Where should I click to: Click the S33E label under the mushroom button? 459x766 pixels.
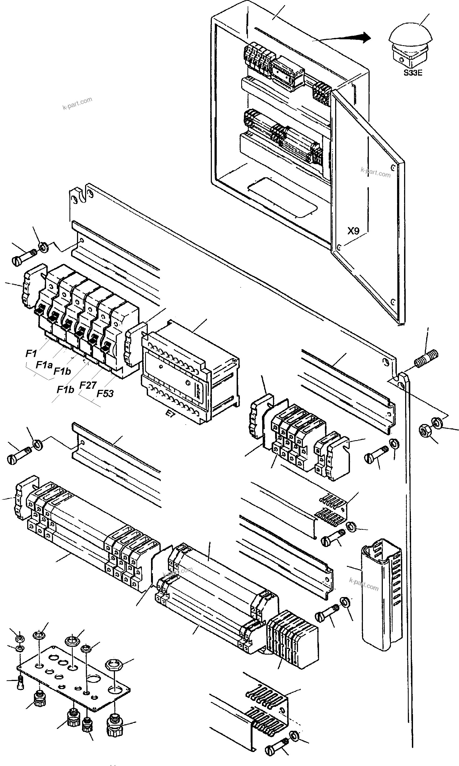[413, 73]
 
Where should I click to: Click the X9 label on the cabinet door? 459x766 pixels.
[353, 231]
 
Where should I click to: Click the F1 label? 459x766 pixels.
[31, 353]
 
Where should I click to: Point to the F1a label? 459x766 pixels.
[44, 365]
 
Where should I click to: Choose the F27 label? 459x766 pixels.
[88, 385]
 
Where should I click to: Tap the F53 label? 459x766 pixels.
[105, 394]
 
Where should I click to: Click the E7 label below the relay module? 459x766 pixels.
[170, 414]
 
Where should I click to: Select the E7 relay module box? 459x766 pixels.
[189, 371]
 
